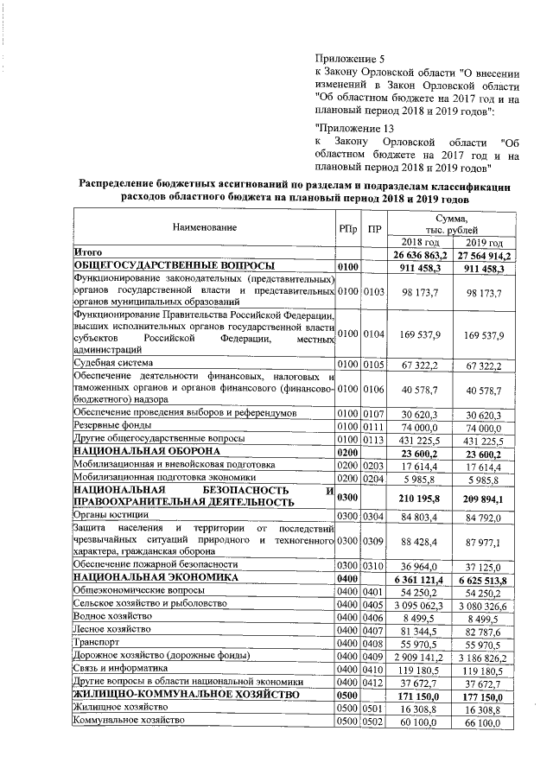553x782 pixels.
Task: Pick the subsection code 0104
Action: (x=372, y=333)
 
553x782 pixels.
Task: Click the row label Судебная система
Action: (x=112, y=366)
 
